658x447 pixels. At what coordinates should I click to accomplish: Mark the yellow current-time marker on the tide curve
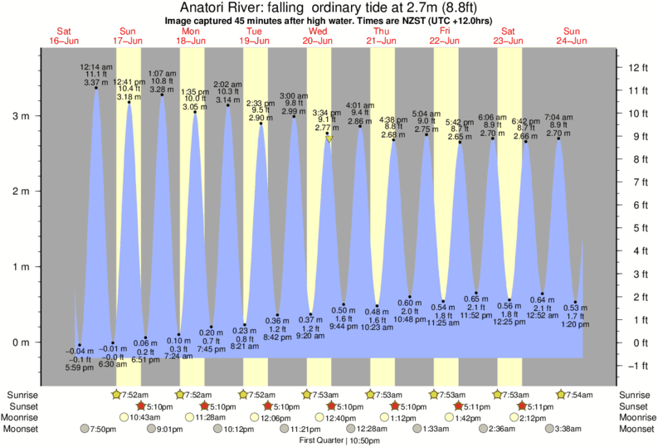pyautogui.click(x=329, y=139)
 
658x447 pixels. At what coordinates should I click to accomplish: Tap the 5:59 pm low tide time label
pyautogui.click(x=79, y=367)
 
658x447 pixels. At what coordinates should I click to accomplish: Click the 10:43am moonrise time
pyautogui.click(x=140, y=417)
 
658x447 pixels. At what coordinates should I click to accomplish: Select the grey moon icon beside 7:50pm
pyautogui.click(x=84, y=429)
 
